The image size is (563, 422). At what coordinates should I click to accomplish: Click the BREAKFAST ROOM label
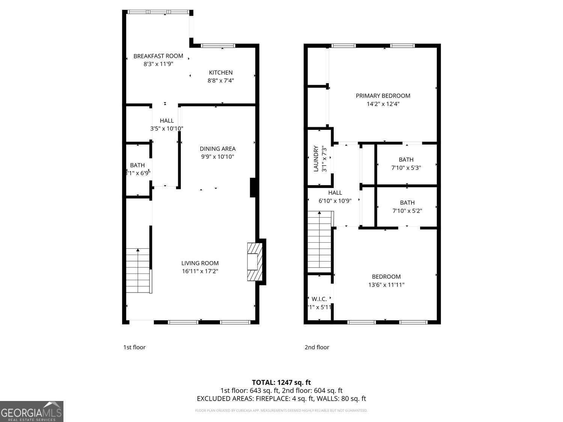point(158,56)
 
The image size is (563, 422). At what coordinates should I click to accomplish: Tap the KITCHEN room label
point(221,72)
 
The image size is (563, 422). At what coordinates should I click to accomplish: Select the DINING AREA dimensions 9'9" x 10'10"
point(217,157)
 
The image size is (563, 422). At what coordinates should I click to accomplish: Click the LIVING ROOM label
point(200,263)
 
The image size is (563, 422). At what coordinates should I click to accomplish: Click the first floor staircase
point(138,271)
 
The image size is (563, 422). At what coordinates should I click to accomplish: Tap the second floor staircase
point(319,242)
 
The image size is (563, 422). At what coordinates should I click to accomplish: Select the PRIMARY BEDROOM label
point(383,96)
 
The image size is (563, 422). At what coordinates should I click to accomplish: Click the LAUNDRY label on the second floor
point(316,159)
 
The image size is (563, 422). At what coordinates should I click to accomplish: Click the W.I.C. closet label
point(319,299)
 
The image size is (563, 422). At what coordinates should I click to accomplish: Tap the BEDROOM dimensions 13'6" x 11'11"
point(386,285)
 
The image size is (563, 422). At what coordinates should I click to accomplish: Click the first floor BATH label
point(137,165)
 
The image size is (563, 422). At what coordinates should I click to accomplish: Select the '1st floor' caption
point(134,347)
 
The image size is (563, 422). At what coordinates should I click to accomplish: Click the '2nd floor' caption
point(317,347)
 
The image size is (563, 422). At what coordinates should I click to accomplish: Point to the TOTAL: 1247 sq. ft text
point(281,383)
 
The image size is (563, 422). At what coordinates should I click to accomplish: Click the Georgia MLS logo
point(32,411)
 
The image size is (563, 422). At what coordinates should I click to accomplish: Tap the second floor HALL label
point(335,193)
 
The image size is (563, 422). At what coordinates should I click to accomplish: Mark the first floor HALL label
point(167,121)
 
